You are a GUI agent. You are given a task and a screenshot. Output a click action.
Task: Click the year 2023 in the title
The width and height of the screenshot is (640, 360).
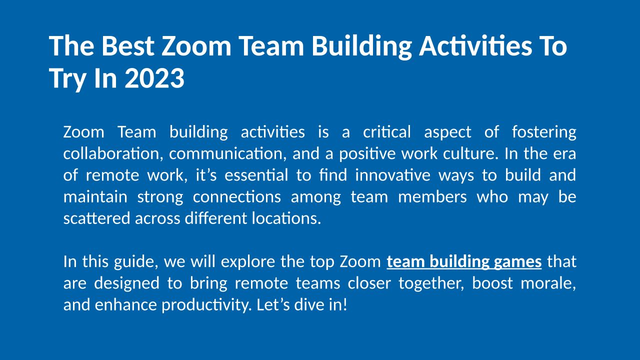(x=154, y=78)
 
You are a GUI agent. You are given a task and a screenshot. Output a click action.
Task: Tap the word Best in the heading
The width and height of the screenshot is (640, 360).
(x=127, y=46)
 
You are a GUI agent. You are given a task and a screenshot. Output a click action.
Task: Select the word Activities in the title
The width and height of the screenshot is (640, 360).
(x=475, y=46)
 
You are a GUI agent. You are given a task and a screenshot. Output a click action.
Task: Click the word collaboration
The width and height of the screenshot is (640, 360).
(x=113, y=153)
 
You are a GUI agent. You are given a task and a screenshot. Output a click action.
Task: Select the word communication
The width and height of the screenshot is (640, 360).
(x=227, y=153)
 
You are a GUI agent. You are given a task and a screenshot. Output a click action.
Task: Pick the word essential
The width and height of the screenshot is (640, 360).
(x=256, y=175)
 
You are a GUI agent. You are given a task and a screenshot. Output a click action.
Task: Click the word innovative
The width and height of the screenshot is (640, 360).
(x=393, y=175)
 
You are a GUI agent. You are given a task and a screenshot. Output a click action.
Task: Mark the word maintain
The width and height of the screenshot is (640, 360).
(x=95, y=197)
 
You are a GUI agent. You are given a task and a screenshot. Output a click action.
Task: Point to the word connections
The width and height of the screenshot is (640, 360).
(x=237, y=197)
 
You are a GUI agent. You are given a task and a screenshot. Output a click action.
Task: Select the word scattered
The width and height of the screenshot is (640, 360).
(x=97, y=218)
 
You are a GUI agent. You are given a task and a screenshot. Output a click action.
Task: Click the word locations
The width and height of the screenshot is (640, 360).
(x=286, y=218)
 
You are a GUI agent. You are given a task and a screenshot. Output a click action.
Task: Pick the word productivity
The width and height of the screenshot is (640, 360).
(x=207, y=305)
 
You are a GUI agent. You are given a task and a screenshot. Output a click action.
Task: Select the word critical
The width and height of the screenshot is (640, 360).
(x=387, y=132)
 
